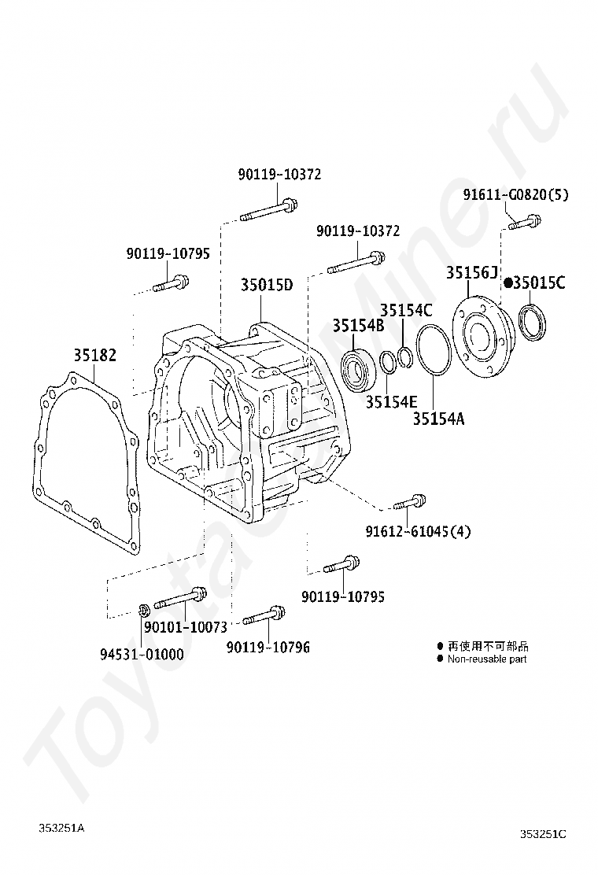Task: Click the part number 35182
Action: click(x=96, y=356)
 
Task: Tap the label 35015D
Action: click(x=267, y=285)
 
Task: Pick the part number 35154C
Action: click(x=406, y=311)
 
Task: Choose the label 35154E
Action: click(x=391, y=401)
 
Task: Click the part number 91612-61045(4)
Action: click(x=418, y=531)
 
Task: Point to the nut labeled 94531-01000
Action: click(x=144, y=610)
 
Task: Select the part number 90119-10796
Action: click(x=268, y=647)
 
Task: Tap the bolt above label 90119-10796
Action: click(x=264, y=616)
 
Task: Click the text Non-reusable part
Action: click(x=487, y=659)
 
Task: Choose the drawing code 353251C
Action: click(x=543, y=834)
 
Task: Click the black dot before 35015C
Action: click(x=508, y=282)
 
